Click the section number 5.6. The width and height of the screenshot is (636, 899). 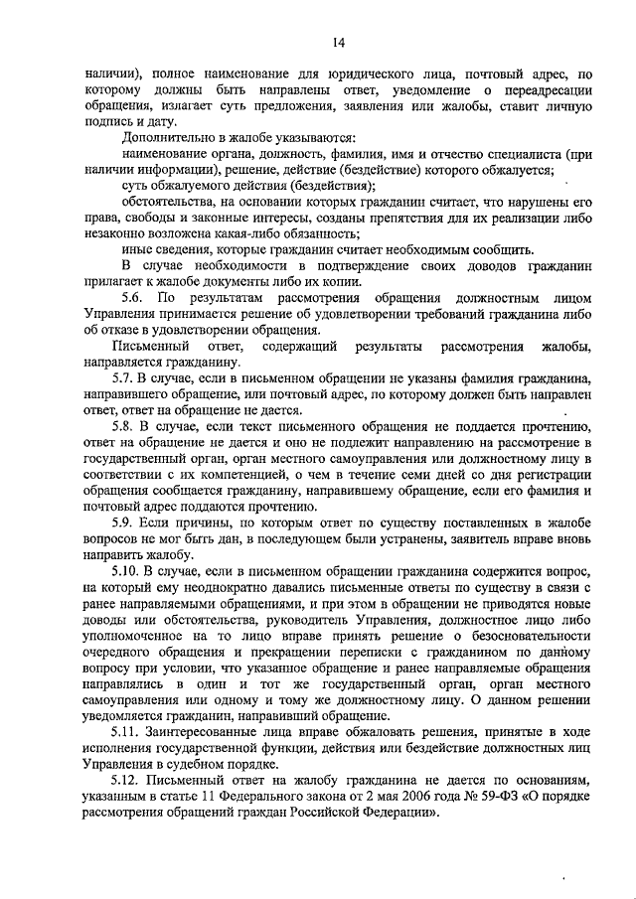(x=131, y=298)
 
